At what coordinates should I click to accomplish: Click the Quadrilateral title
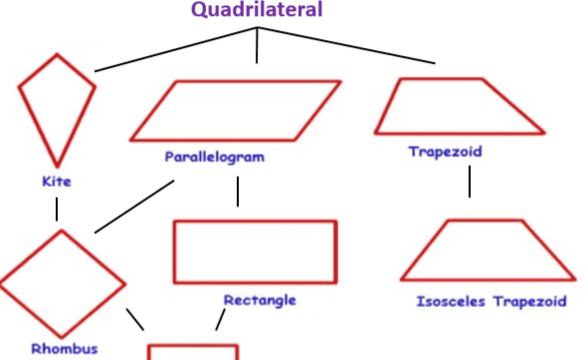(257, 10)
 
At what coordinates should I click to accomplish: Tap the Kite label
(57, 182)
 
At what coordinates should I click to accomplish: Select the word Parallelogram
(214, 157)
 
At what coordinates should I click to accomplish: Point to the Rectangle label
(260, 300)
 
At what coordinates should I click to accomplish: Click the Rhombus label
(65, 349)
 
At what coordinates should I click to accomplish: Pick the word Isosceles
(451, 301)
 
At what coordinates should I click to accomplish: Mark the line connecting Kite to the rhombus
(57, 209)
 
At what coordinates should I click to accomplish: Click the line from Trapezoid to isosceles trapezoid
(470, 181)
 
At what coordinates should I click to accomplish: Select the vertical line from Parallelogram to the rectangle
(237, 191)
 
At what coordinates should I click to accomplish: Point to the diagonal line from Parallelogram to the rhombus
(134, 207)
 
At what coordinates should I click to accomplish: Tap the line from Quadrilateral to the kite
(176, 49)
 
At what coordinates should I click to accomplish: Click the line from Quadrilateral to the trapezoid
(346, 45)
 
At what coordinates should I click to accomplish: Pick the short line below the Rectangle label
(220, 320)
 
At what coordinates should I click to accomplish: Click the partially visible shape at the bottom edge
(193, 346)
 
